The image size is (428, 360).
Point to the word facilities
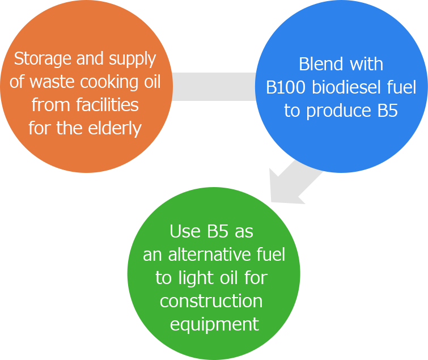point(108,105)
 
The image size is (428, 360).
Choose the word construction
point(211,301)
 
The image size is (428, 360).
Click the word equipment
point(214,325)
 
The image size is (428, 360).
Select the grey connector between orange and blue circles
point(214,87)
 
